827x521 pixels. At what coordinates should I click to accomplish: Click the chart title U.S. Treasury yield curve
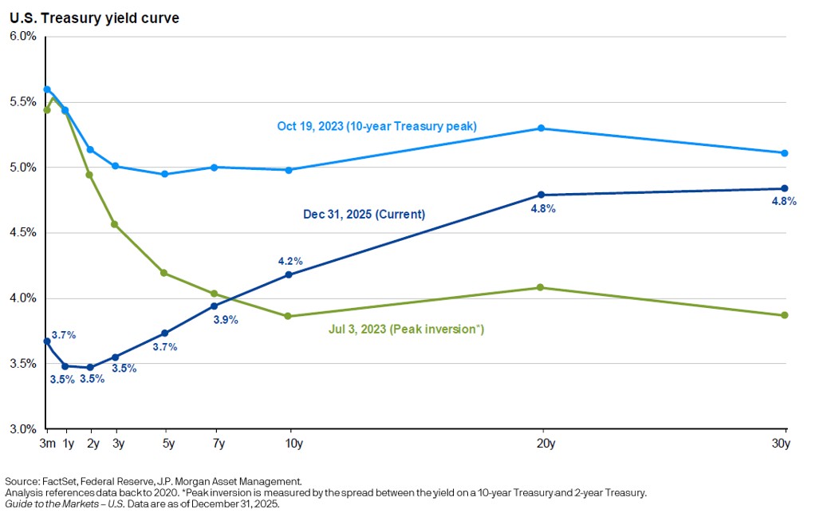(94, 18)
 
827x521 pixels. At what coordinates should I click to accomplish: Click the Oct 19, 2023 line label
(377, 126)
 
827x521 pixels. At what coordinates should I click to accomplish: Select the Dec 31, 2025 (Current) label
(364, 215)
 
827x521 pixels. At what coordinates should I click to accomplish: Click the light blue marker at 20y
(541, 128)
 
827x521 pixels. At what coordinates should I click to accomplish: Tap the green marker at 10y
(289, 317)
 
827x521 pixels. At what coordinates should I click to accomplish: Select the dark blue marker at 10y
(289, 274)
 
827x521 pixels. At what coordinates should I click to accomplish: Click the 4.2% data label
(290, 261)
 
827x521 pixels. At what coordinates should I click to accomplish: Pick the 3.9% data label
(225, 320)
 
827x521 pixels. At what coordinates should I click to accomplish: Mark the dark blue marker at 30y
(785, 188)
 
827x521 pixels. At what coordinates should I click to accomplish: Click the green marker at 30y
(785, 315)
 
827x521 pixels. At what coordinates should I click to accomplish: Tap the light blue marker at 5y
(164, 174)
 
